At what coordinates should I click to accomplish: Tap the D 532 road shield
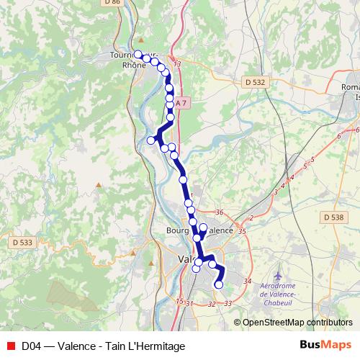pos(254,82)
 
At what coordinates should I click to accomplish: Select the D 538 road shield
pos(333,217)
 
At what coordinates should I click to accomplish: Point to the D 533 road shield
pos(22,243)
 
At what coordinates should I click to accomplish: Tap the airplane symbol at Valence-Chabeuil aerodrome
pos(279,276)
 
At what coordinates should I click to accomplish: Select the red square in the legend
pos(11,346)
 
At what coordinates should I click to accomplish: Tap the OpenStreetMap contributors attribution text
pos(297,323)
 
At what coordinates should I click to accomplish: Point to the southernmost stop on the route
pos(219,285)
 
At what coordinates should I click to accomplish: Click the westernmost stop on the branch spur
pos(151,140)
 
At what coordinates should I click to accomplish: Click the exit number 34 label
pos(248,281)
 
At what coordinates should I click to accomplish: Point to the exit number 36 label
pos(220,212)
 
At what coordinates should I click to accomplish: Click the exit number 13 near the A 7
pos(177,65)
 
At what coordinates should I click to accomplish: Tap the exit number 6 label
pos(338,135)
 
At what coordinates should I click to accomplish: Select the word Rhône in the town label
pos(134,65)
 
